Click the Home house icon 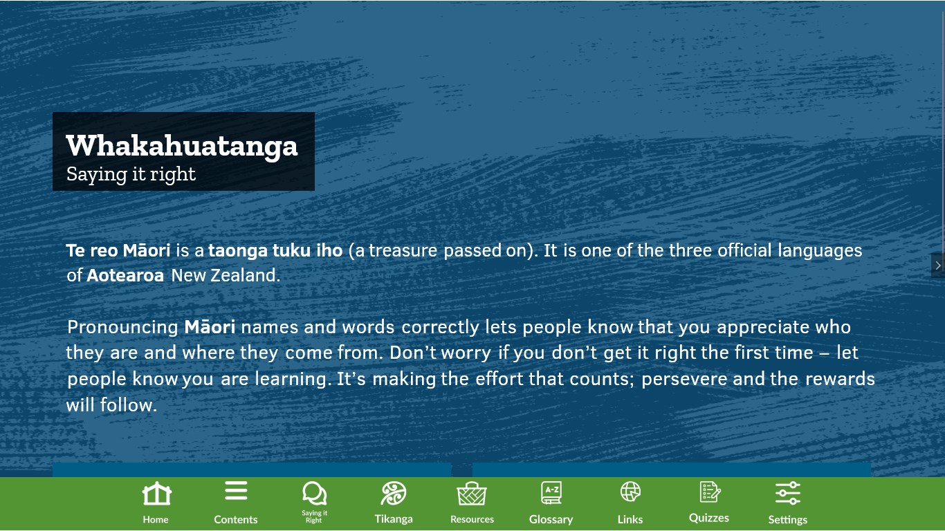156,493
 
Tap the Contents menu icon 236,490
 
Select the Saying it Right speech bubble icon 314,493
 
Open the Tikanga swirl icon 393,493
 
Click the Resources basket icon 472,494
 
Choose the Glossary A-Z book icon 551,492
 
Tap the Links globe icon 630,492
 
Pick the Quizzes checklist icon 710,492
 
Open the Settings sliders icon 788,492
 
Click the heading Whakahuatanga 182,146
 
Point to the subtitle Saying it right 131,174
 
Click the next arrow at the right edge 938,265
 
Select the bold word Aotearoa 125,275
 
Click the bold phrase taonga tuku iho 275,250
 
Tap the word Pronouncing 122,328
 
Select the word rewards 840,379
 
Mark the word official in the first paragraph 744,250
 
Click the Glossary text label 551,519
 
